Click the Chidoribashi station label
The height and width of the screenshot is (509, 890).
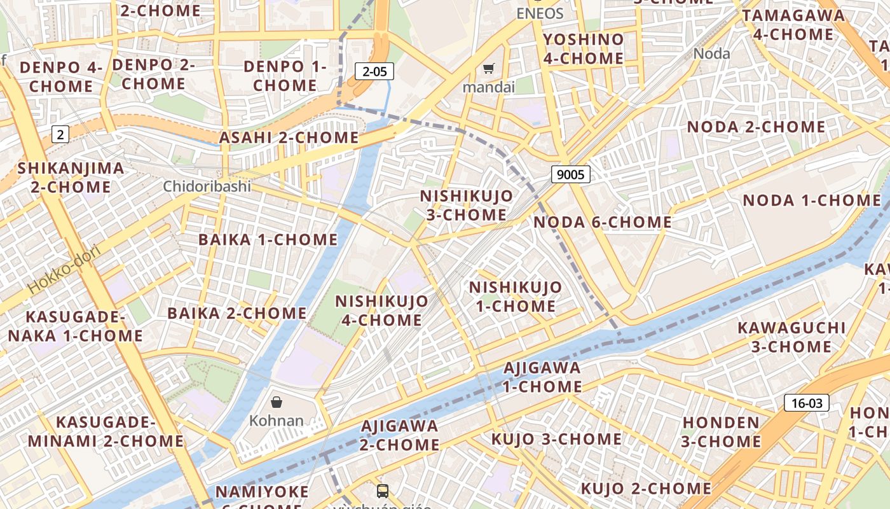(x=207, y=186)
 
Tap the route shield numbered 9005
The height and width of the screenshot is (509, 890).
(x=570, y=174)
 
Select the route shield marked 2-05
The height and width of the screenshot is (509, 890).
(x=374, y=71)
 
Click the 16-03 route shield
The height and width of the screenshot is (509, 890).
(x=807, y=403)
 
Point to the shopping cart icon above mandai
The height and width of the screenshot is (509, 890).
(x=488, y=69)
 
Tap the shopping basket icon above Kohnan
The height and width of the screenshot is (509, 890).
(x=277, y=402)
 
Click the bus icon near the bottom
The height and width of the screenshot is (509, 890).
(x=383, y=491)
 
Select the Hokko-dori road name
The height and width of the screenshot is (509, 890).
(x=64, y=270)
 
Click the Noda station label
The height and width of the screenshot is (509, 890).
(x=711, y=53)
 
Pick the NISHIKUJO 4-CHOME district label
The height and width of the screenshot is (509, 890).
(x=381, y=310)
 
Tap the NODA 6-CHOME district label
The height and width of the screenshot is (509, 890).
(x=602, y=222)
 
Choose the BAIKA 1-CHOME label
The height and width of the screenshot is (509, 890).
(x=268, y=240)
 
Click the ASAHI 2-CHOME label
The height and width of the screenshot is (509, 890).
(x=289, y=137)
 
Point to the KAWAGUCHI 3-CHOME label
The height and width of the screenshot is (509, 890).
(x=791, y=337)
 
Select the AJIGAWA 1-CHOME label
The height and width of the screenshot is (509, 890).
(x=542, y=377)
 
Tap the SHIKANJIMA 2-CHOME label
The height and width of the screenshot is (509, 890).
(x=71, y=178)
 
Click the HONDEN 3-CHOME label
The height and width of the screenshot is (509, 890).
(x=721, y=432)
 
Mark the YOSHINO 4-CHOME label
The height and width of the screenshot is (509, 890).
(x=583, y=49)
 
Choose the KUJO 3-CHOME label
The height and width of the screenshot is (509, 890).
(x=556, y=439)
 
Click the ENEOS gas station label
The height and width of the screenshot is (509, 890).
(x=540, y=13)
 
